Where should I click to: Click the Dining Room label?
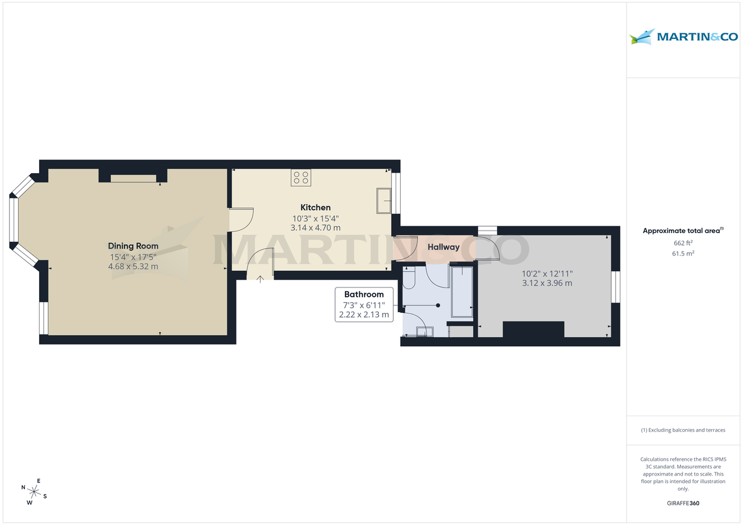(133, 246)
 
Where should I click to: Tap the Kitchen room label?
(315, 208)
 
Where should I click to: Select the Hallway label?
(443, 247)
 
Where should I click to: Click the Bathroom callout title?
(364, 294)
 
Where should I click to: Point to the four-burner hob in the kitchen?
(302, 178)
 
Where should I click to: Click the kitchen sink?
(384, 201)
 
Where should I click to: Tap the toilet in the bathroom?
(409, 280)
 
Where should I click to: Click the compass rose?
(35, 492)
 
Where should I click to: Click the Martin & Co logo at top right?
(684, 37)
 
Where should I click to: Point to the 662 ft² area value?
(683, 243)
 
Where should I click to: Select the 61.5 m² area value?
(683, 254)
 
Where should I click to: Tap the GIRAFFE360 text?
(683, 503)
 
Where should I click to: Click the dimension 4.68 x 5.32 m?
(133, 267)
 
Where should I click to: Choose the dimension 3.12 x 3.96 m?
(547, 283)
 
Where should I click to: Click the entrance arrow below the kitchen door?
(261, 279)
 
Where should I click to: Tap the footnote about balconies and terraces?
(683, 430)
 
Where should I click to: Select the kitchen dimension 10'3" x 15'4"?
(315, 218)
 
